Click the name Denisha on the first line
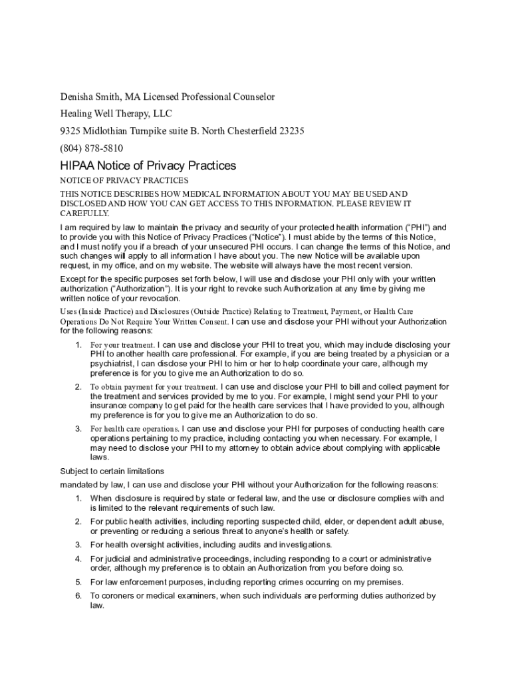click(x=78, y=97)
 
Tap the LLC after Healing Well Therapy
click(x=162, y=114)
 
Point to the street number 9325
click(x=72, y=131)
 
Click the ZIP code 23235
click(x=291, y=131)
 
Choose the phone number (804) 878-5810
click(x=92, y=148)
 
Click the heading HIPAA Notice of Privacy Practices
click(x=148, y=166)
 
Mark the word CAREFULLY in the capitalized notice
click(x=84, y=213)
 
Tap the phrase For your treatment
click(x=122, y=345)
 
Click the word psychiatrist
click(x=111, y=364)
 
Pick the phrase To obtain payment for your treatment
click(x=154, y=387)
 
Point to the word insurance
click(x=108, y=405)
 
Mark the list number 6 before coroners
click(x=78, y=596)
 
